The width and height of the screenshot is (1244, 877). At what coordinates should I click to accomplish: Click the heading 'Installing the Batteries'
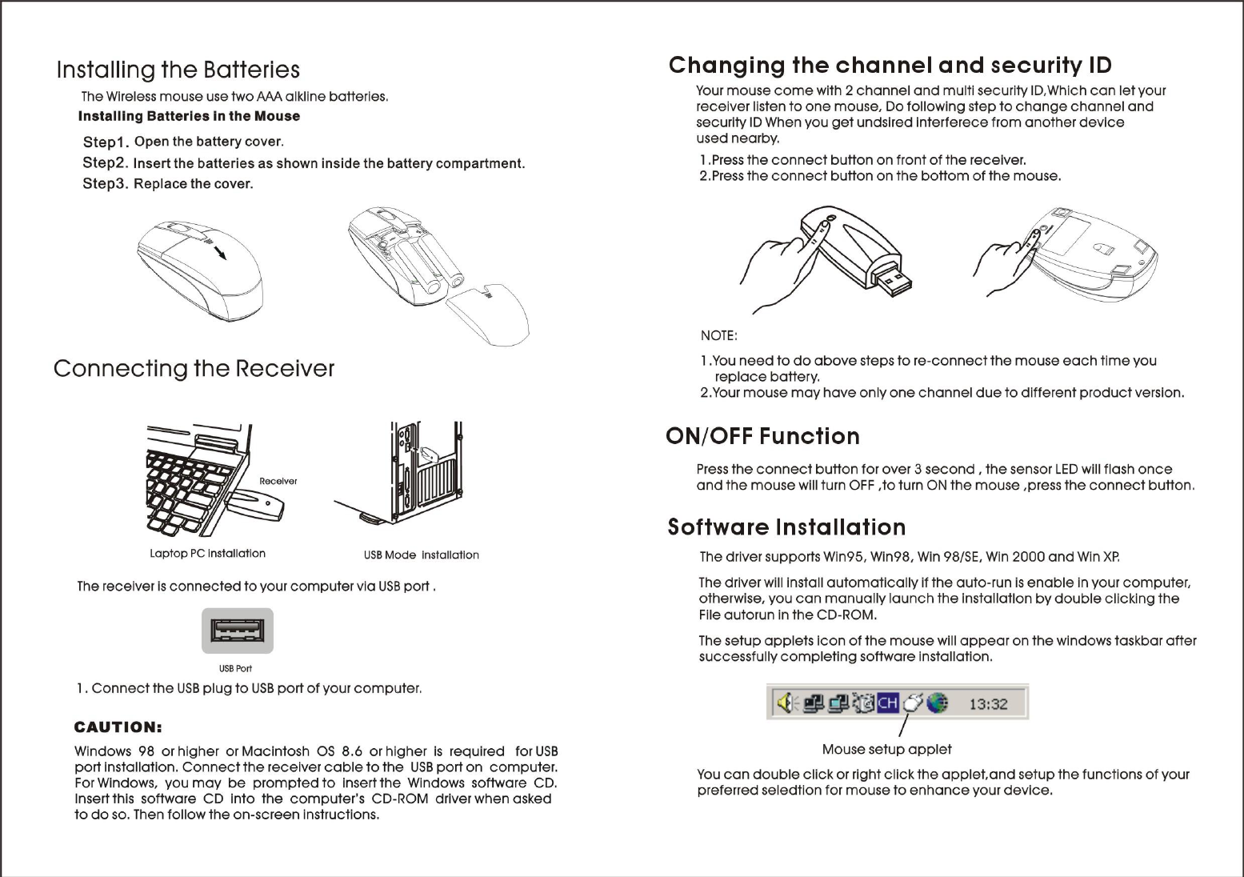point(178,70)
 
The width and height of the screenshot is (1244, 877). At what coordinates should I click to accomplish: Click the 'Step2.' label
point(106,163)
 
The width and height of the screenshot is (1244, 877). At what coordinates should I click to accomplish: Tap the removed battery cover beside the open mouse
point(489,314)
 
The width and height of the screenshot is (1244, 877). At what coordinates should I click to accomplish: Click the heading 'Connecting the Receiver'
point(194,369)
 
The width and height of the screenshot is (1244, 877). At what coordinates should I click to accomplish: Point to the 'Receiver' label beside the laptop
point(278,481)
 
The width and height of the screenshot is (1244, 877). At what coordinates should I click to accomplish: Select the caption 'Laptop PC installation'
point(207,554)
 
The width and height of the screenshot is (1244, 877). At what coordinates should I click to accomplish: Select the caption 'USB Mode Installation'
point(421,555)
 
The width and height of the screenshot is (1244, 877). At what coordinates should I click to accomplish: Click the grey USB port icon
point(237,631)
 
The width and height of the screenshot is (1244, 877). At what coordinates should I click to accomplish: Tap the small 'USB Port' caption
point(236,668)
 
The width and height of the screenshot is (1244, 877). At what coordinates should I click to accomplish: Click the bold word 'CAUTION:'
point(118,727)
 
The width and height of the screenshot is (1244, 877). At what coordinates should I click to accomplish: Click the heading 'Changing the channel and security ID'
point(890,66)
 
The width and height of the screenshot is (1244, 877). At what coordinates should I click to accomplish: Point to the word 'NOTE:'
point(718,335)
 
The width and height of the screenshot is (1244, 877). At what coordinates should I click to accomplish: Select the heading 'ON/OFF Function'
point(762,437)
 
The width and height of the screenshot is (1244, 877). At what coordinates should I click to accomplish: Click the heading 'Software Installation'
point(786,527)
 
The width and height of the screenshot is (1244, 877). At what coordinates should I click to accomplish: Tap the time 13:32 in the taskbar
point(988,704)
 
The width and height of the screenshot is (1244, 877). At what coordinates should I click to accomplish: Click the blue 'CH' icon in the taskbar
point(888,703)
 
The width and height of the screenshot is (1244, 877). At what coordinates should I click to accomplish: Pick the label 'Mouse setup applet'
point(886,750)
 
